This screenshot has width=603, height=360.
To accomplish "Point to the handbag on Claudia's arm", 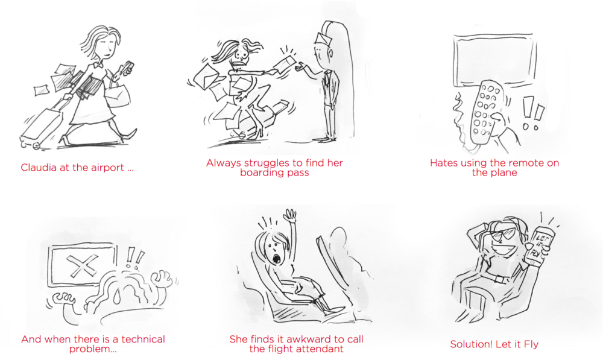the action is coord(117,95).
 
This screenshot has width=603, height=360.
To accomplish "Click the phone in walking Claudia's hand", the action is coord(128,68).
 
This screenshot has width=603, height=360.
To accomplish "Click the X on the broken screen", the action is coord(82,265).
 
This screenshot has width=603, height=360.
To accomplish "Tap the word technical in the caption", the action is coord(143,339).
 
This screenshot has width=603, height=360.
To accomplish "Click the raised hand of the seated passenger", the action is coord(289,216).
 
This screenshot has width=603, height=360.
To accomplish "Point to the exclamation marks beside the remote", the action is coord(532,113).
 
